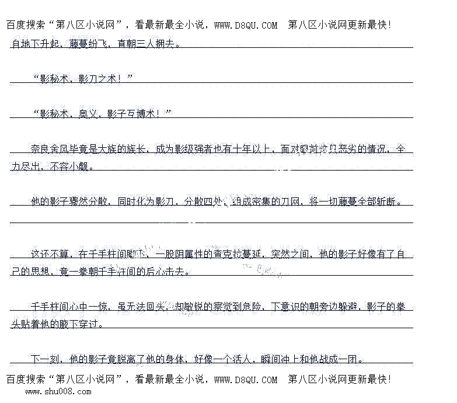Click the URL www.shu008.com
57,391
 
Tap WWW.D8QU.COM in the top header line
245,25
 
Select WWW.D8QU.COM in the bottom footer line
245,380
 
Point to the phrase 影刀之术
97,79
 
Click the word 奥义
88,114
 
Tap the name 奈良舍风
50,149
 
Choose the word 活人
244,359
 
